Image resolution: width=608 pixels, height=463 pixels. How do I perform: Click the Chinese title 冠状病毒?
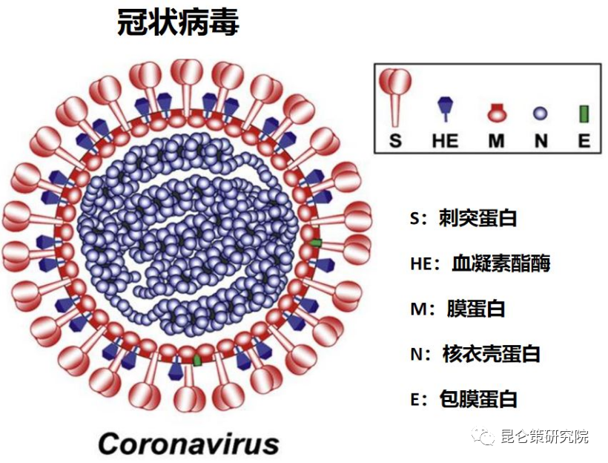178,22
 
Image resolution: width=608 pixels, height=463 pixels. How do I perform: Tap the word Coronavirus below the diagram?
189,443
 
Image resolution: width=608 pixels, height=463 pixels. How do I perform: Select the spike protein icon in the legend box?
394,97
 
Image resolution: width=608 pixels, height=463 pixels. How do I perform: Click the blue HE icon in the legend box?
446,109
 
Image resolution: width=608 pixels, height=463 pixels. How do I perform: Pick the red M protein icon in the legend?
496,112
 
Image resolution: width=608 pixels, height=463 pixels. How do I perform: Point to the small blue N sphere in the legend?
541,114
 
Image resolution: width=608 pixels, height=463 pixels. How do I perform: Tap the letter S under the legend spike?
395,140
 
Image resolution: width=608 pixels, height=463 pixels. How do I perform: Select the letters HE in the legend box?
445,140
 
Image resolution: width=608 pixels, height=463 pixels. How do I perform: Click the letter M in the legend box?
496,140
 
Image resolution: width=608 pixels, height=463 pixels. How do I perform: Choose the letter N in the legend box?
541,140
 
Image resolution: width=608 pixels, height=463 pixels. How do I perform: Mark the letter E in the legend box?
584,140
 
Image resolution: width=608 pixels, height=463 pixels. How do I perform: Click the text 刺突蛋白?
478,217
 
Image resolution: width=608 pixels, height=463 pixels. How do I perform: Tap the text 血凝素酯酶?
501,263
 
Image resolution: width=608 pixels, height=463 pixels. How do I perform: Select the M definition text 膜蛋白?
476,309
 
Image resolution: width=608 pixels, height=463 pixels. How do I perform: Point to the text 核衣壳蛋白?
492,353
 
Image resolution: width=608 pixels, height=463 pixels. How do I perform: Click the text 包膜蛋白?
478,398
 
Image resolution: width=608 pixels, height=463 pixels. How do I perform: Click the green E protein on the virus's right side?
317,243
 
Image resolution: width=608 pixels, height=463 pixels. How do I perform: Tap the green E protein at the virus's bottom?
198,360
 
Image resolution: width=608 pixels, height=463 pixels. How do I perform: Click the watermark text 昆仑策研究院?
544,436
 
